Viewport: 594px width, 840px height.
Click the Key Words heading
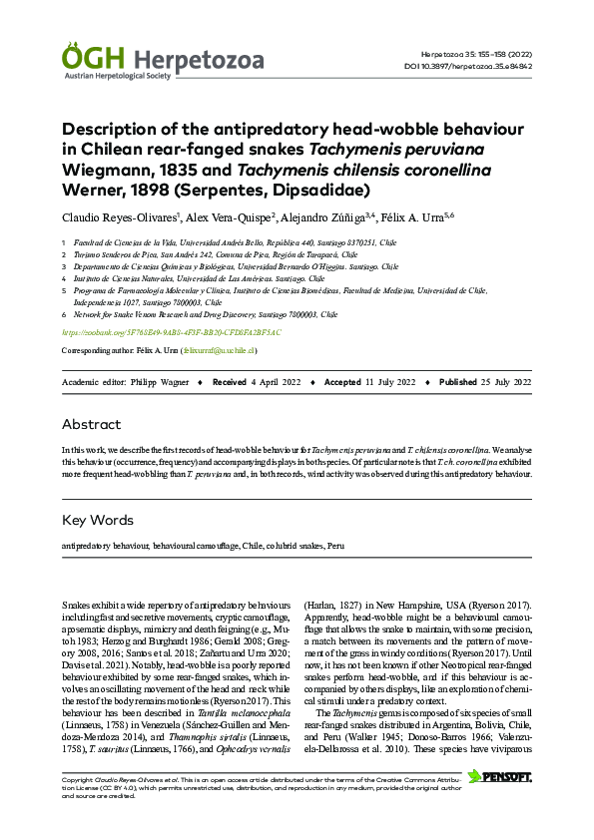pyautogui.click(x=97, y=520)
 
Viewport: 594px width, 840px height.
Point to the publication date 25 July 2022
pyautogui.click(x=505, y=382)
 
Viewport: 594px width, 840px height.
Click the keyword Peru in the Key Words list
pyautogui.click(x=336, y=547)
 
